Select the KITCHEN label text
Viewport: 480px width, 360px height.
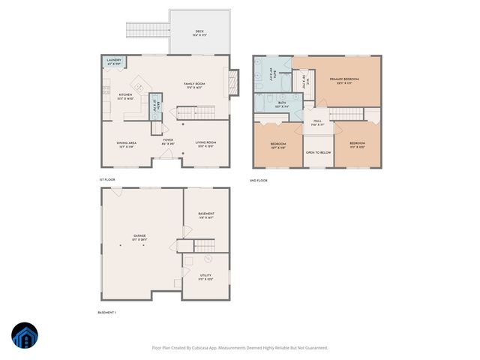click(x=125, y=95)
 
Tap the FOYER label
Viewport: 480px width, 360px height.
click(x=167, y=139)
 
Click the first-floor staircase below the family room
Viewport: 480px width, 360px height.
click(x=193, y=112)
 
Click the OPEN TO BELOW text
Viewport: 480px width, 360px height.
click(x=318, y=152)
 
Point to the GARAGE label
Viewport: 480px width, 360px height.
click(x=139, y=235)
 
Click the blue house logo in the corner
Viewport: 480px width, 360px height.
click(x=24, y=337)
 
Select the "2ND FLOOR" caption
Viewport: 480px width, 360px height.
click(x=259, y=181)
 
